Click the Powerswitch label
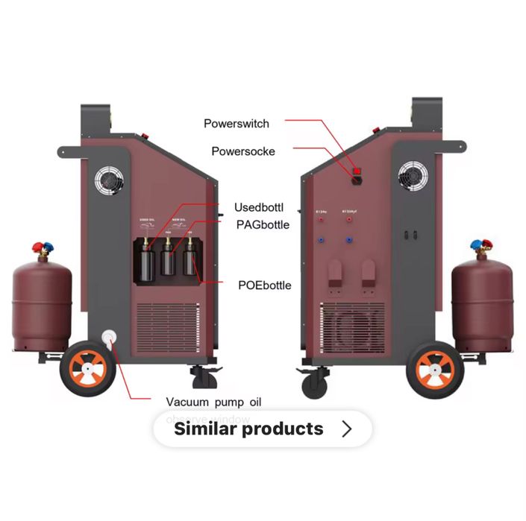point(237,123)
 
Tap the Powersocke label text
point(243,151)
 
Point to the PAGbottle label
point(263,224)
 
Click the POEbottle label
point(265,285)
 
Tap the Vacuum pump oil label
point(213,402)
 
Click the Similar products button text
point(248,429)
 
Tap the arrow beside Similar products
point(346,429)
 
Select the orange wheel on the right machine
point(436,368)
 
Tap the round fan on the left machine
point(109,180)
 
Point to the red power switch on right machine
point(357,171)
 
